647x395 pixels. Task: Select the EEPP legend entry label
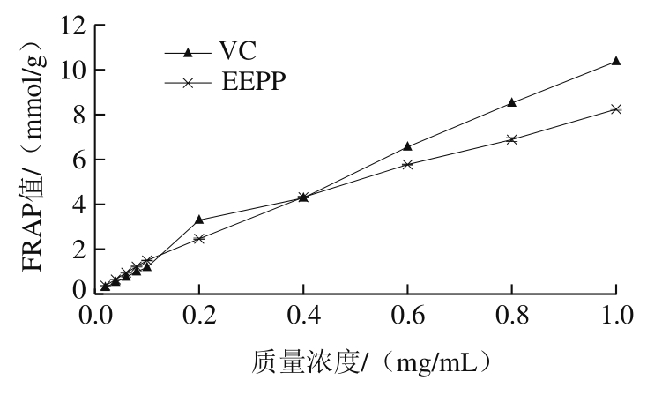[256, 83]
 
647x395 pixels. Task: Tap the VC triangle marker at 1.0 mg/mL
[615, 61]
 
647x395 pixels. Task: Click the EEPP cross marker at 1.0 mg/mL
[615, 108]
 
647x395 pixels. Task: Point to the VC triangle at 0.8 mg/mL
[511, 102]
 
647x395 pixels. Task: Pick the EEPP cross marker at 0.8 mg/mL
[511, 138]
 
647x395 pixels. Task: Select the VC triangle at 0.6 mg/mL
[407, 145]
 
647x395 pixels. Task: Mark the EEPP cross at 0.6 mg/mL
[407, 163]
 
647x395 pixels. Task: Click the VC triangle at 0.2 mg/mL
[199, 219]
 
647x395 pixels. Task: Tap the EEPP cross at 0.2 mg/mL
[199, 238]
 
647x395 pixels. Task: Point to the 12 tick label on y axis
[72, 26]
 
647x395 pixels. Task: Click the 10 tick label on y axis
[72, 70]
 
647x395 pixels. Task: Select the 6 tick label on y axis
[78, 160]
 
